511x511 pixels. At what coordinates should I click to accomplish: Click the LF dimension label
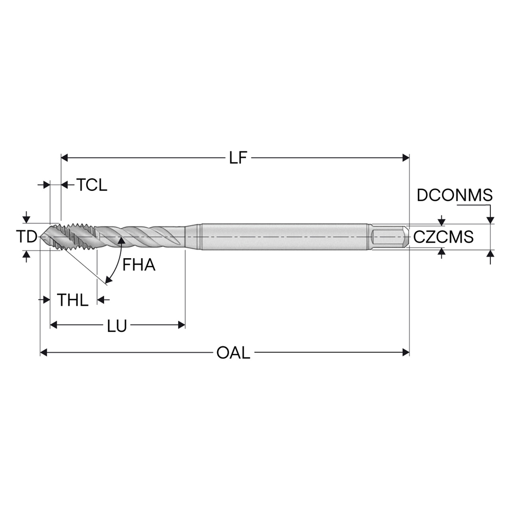click(x=238, y=158)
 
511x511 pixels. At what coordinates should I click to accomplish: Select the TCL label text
click(x=92, y=185)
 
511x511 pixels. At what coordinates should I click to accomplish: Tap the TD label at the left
click(x=26, y=237)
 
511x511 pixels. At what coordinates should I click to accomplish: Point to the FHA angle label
click(x=139, y=265)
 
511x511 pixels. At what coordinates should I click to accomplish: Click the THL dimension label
click(x=73, y=300)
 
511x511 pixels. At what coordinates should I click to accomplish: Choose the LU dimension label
click(x=117, y=326)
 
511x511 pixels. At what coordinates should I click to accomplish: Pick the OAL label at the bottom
click(x=234, y=353)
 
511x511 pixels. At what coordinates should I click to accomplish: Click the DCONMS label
click(x=455, y=195)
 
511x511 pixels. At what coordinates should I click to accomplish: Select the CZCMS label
click(x=444, y=237)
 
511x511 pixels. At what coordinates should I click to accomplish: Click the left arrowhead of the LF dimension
click(x=65, y=158)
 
